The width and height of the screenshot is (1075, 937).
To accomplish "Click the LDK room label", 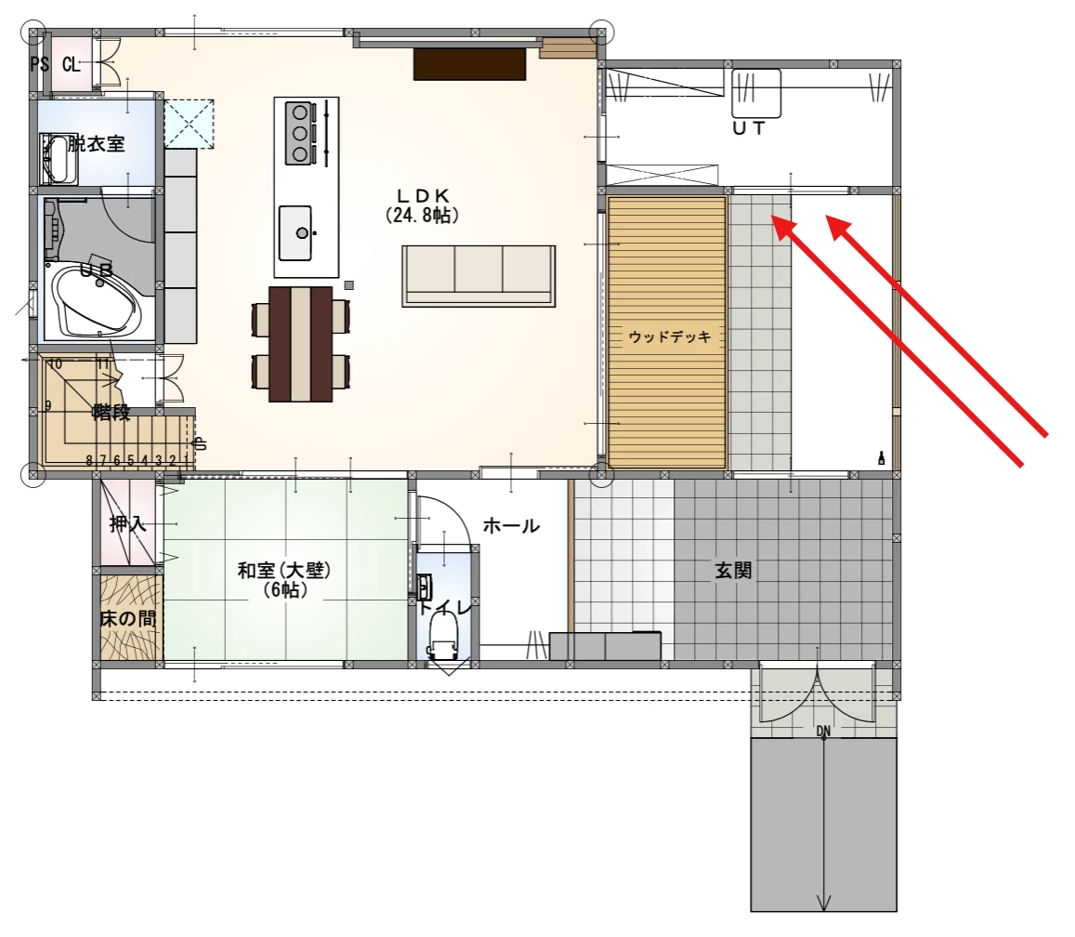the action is click(x=423, y=195).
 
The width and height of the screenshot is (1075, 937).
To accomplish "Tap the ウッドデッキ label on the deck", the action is click(x=670, y=337).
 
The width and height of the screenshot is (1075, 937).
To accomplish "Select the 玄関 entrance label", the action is click(x=734, y=570).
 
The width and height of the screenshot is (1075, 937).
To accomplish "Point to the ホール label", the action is click(x=511, y=526).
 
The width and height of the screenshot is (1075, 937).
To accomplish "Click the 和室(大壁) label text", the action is click(x=284, y=570).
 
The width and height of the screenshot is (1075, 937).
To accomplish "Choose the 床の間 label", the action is click(x=128, y=619).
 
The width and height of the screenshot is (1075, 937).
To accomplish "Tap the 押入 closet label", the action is click(x=128, y=525).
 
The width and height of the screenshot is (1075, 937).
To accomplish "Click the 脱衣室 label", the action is click(x=97, y=144).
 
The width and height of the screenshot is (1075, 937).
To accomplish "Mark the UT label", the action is click(x=749, y=128).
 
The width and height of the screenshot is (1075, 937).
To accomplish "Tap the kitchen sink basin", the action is click(x=295, y=233).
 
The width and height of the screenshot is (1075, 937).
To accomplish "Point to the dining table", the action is click(x=302, y=344).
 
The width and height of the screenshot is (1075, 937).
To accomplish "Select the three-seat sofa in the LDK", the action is click(x=479, y=276).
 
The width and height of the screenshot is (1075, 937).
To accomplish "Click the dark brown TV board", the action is click(x=469, y=63).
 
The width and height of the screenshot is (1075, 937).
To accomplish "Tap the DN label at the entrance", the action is click(x=823, y=732).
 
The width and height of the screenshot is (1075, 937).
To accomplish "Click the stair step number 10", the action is click(x=55, y=363).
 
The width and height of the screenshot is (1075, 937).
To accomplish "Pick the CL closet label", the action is click(x=72, y=64).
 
